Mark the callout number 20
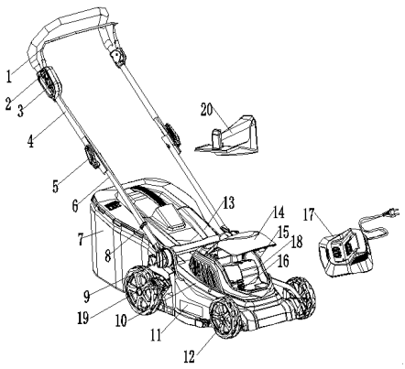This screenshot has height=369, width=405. (207, 109)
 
